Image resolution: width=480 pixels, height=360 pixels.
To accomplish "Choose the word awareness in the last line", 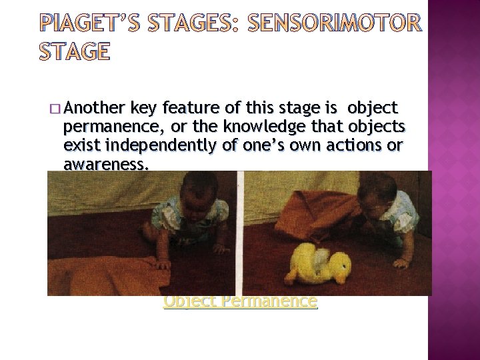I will tap(104, 163).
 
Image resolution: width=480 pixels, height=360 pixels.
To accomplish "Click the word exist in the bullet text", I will tap(80, 145).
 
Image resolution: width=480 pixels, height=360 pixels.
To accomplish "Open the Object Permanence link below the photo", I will tap(241, 301).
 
